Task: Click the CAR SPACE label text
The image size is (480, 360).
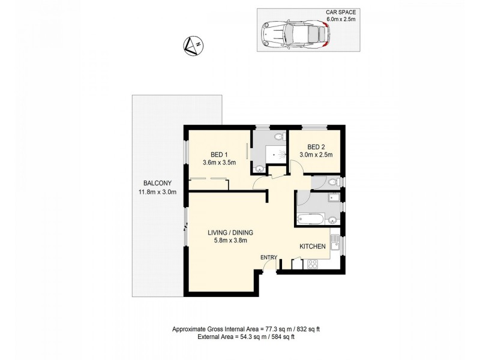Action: pos(340,12)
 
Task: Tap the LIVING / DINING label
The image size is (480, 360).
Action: pos(230,233)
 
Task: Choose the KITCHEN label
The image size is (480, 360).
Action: pos(313,247)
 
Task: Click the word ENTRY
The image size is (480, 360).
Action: pos(268,258)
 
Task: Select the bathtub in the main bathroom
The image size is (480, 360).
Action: pos(312,218)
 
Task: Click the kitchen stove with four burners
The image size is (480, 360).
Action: pos(313,263)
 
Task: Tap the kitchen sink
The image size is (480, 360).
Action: pos(337,244)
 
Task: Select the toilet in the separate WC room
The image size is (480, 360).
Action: pos(335,181)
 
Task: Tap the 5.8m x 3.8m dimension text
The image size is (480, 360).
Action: pos(230,241)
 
